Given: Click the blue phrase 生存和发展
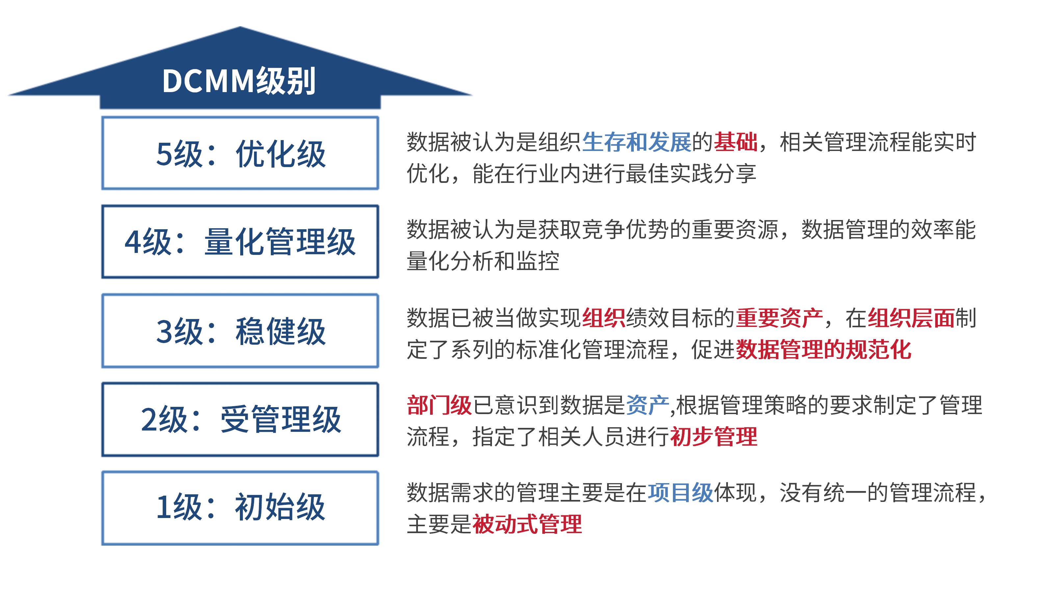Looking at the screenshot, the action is (x=636, y=142).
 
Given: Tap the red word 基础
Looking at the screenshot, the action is (x=735, y=142).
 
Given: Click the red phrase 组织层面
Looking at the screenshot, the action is (x=911, y=318).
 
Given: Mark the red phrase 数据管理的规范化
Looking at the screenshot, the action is (x=823, y=350).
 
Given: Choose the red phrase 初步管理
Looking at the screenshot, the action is (x=714, y=437).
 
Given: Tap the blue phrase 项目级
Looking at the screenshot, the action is (x=681, y=493).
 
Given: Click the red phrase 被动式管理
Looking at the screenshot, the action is (x=527, y=524).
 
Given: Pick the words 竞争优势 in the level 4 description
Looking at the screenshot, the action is (x=626, y=230).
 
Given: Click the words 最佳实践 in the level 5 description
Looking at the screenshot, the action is (x=670, y=174).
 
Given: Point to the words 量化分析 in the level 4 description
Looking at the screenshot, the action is (x=450, y=261).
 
